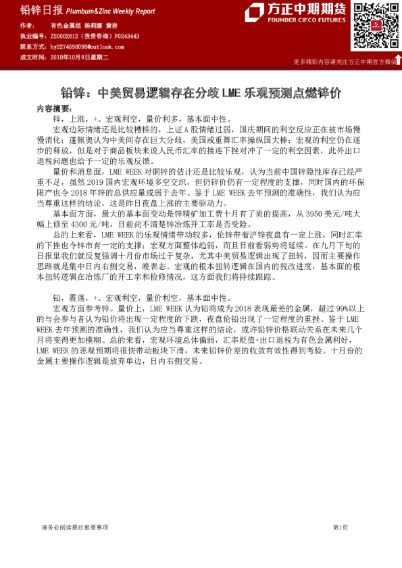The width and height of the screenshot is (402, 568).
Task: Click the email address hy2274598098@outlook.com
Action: [x=87, y=47]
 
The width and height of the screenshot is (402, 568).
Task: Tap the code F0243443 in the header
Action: [x=127, y=36]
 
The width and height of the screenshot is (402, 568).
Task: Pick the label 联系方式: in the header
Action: [x=32, y=47]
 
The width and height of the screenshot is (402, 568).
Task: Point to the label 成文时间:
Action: [x=32, y=57]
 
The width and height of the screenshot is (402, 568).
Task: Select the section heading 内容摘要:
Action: [x=53, y=108]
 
